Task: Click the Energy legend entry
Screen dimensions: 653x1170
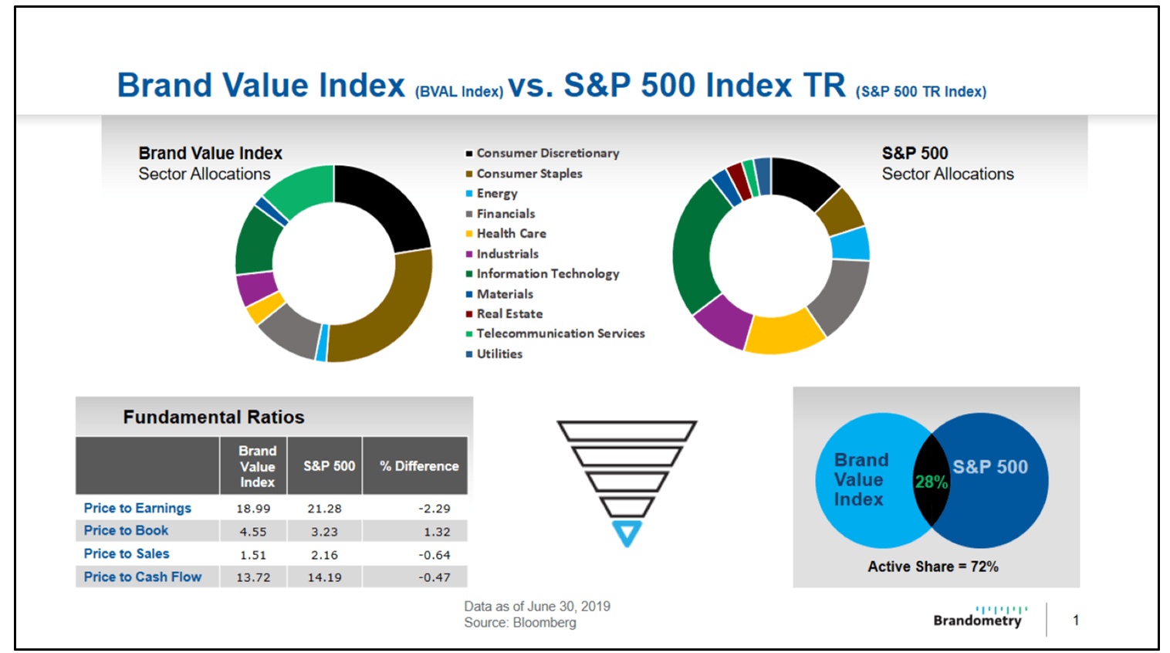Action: (x=496, y=194)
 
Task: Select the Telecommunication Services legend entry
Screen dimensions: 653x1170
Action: (x=560, y=333)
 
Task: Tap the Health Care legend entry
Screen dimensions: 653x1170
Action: (x=511, y=233)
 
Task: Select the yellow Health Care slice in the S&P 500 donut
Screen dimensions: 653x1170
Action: (x=783, y=333)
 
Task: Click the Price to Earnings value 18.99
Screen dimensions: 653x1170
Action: (x=253, y=509)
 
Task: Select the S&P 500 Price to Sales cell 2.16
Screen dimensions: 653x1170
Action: (x=324, y=555)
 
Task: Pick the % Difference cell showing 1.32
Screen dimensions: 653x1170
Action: (x=437, y=532)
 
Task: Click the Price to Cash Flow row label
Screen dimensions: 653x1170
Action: (x=143, y=577)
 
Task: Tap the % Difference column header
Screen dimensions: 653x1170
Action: (x=419, y=466)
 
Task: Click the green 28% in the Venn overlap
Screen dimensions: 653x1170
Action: (x=931, y=482)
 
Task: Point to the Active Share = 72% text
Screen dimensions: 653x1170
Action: (x=932, y=567)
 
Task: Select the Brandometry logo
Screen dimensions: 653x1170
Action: (x=979, y=617)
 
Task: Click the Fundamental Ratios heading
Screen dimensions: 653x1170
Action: (x=214, y=418)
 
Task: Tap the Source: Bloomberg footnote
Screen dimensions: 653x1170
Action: (x=519, y=623)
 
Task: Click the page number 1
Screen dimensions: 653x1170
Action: (x=1076, y=620)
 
